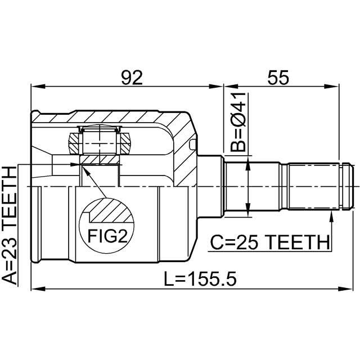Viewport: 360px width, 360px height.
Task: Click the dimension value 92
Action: coord(132,77)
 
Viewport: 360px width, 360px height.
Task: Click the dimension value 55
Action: coord(278,77)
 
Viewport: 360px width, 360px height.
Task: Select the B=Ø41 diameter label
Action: coord(238,123)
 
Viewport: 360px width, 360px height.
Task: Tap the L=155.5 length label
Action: coord(200,278)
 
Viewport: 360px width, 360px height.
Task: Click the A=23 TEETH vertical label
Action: coord(10,226)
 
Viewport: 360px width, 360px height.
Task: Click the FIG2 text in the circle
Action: coord(107,236)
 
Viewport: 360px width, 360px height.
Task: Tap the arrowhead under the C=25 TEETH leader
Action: coord(331,217)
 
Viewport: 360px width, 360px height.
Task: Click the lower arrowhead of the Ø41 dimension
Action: coord(247,209)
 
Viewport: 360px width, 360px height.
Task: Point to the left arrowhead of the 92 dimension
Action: coord(38,87)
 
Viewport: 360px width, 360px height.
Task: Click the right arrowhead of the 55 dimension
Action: coord(332,87)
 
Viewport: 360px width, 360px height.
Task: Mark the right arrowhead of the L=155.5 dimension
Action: coord(345,288)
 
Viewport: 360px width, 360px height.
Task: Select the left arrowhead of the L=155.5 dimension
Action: coord(38,288)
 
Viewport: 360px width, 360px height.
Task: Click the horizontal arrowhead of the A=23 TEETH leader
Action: coord(75,164)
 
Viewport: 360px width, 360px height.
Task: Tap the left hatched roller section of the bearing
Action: coord(74,144)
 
